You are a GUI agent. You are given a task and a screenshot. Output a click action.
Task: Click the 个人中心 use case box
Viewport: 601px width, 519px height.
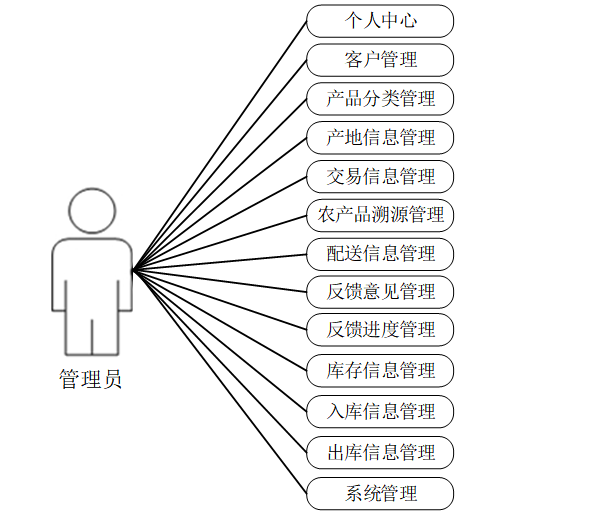[380, 21]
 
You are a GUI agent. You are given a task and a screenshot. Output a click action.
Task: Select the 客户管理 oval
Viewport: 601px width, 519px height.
[380, 60]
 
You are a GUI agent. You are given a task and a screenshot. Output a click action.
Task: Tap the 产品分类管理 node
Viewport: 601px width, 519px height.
[380, 99]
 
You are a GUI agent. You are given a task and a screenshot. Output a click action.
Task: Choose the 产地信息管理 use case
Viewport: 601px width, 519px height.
[380, 138]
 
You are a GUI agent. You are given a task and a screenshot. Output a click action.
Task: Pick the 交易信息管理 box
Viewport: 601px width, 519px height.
[380, 177]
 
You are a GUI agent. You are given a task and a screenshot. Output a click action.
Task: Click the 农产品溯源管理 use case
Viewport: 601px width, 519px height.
[380, 215]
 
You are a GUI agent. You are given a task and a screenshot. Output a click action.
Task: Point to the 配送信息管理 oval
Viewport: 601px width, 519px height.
[380, 254]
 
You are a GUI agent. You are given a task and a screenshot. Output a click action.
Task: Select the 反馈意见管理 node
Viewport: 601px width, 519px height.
[380, 293]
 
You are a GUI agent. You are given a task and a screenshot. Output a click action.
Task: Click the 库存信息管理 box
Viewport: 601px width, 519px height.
[380, 371]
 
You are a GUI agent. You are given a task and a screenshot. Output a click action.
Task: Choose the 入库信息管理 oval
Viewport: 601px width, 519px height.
[380, 411]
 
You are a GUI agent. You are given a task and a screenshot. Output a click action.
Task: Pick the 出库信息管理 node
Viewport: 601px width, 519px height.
[380, 452]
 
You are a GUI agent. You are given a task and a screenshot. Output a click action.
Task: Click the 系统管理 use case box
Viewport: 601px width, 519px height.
[380, 493]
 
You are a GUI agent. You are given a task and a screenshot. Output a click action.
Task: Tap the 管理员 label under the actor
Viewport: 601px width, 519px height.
[91, 380]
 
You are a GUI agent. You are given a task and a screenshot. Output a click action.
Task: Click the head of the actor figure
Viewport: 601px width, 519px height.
[92, 211]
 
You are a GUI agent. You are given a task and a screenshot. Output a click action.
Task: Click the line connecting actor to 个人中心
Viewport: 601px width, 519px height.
[220, 145]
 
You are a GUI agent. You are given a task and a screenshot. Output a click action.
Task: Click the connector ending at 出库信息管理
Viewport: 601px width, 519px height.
[220, 361]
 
